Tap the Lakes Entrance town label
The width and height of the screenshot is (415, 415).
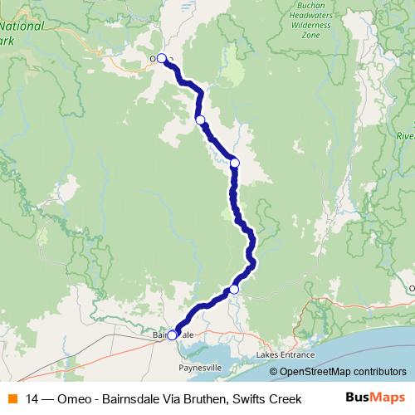[287, 354]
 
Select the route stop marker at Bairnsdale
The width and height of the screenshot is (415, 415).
[172, 335]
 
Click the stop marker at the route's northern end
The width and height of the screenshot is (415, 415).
[162, 59]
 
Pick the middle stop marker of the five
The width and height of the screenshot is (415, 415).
[235, 163]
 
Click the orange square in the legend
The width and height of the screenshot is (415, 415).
[12, 399]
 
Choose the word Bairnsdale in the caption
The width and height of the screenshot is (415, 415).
[130, 399]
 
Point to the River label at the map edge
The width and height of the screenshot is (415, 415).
[404, 135]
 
